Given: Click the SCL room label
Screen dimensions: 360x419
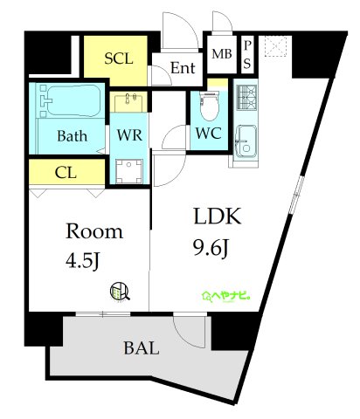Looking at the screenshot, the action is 119,58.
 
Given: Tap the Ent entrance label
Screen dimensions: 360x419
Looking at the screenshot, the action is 183,68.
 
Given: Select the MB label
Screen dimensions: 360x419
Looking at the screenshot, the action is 222,54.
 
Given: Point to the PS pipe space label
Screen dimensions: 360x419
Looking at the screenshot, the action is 247,55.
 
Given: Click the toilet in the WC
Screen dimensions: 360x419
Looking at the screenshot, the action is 210,106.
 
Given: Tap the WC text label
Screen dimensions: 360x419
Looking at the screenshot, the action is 209,134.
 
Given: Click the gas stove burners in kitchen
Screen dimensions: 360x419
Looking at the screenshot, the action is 246,97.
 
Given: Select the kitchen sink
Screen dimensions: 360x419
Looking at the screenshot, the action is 246,141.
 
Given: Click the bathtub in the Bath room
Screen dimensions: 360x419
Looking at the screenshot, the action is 70,100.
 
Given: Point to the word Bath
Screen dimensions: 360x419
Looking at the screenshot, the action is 72,136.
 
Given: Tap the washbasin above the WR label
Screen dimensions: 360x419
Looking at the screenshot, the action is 128,102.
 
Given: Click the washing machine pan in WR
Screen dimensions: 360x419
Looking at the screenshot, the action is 128,171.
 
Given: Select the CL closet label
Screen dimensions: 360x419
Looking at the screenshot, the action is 66,173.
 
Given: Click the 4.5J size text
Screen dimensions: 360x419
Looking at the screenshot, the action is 83,260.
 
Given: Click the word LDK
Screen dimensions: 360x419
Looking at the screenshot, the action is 218,216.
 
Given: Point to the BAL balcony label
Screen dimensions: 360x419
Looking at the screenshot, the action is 142,347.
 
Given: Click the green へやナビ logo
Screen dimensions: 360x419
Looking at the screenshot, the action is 227,296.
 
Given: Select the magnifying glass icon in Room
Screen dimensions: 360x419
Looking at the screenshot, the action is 120,292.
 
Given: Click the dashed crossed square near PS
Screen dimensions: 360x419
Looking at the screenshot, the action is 275,46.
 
